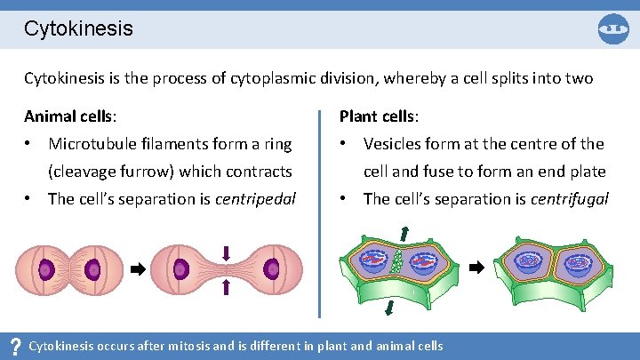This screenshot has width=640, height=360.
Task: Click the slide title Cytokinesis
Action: [x=78, y=28]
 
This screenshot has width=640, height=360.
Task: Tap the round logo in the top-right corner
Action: [x=613, y=28]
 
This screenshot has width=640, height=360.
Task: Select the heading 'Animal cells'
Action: [x=69, y=116]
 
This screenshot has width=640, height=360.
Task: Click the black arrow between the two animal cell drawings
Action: [x=138, y=267]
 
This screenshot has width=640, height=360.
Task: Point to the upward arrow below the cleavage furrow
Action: [x=226, y=285]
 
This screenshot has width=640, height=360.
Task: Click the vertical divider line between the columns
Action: [x=319, y=213]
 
